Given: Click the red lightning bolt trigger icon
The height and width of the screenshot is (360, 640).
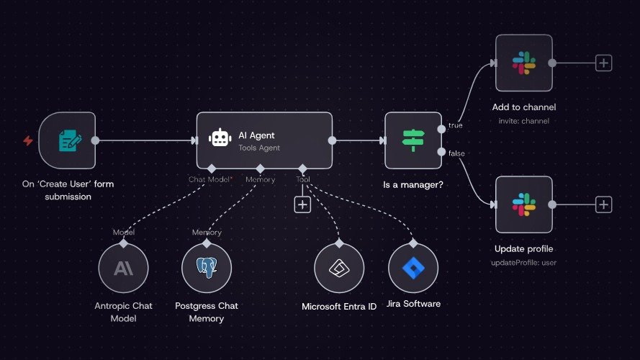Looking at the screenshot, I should (x=28, y=140).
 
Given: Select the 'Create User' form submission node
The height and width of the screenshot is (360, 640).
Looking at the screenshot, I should (x=67, y=140).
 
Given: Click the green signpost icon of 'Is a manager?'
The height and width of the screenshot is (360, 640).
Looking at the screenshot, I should (x=413, y=140).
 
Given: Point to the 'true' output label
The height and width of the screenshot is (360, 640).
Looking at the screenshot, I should (x=455, y=125).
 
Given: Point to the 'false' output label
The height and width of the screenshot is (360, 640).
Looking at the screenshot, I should (x=456, y=153).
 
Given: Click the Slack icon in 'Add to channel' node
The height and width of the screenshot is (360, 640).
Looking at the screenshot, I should (x=524, y=63).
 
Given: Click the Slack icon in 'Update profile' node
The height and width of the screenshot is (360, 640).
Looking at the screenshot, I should (x=524, y=204).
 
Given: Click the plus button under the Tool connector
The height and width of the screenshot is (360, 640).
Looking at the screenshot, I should (x=302, y=204).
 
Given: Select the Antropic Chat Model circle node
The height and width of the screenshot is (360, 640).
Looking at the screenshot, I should (x=123, y=269).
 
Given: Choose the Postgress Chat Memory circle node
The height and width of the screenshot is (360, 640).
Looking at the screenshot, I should (x=207, y=269).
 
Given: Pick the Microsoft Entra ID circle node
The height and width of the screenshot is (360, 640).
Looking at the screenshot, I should (x=339, y=269).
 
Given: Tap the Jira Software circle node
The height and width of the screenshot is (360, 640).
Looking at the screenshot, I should (x=413, y=268).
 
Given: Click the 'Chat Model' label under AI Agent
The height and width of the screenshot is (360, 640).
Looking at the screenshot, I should (x=209, y=179).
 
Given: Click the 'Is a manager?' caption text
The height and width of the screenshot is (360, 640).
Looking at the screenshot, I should (x=413, y=185).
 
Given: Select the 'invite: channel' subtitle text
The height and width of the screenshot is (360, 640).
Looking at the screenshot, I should (x=523, y=121).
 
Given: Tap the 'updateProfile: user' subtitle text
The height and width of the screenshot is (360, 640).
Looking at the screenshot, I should (x=523, y=262).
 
